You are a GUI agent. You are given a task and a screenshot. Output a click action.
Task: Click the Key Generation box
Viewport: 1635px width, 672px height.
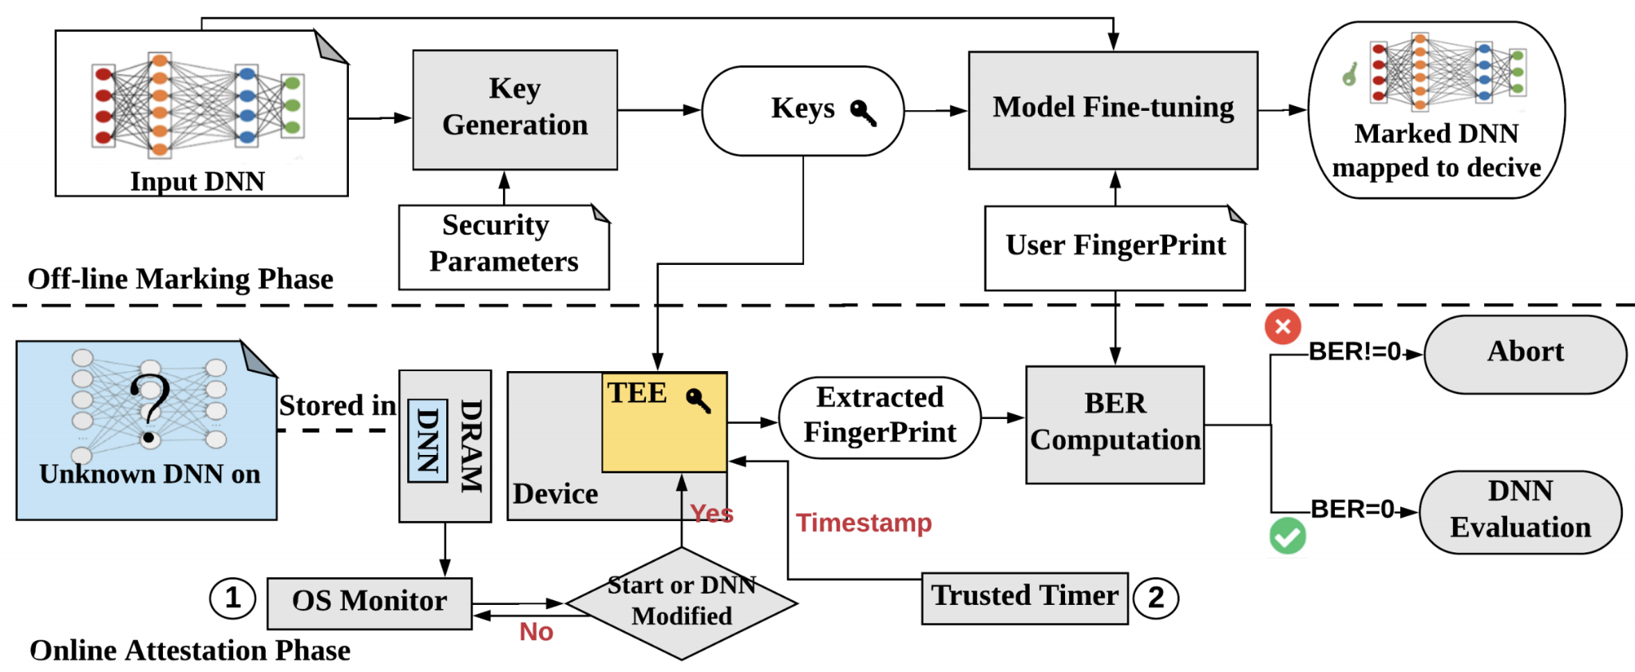pyautogui.click(x=515, y=109)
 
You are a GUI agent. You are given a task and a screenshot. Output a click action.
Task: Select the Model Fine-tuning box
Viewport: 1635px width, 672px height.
pyautogui.click(x=1113, y=109)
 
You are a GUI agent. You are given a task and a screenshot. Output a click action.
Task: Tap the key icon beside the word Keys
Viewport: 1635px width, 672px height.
pyautogui.click(x=863, y=113)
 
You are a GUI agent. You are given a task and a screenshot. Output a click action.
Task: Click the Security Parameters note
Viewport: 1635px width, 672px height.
pyautogui.click(x=504, y=246)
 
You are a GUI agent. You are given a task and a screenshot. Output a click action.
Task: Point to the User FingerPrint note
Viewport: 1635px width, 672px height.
pyautogui.click(x=1114, y=247)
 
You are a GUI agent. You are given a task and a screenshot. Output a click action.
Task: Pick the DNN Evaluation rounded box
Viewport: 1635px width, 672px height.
pyautogui.click(x=1520, y=511)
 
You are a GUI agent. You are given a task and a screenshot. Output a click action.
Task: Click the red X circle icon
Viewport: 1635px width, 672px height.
pyautogui.click(x=1283, y=326)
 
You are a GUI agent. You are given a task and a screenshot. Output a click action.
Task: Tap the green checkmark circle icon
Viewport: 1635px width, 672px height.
pyautogui.click(x=1288, y=536)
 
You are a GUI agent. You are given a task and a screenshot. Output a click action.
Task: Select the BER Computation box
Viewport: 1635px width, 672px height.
pyautogui.click(x=1114, y=424)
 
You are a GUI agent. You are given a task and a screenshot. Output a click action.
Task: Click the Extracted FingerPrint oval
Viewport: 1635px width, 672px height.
pyautogui.click(x=880, y=417)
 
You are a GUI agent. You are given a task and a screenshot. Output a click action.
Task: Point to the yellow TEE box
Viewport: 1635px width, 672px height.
pyautogui.click(x=664, y=423)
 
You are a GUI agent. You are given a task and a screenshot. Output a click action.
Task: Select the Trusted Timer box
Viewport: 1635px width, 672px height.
pyautogui.click(x=1024, y=597)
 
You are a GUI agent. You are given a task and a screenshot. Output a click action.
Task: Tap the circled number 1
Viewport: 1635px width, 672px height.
pyautogui.click(x=232, y=597)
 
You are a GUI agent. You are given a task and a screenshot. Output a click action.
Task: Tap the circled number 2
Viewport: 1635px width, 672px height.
pyautogui.click(x=1156, y=597)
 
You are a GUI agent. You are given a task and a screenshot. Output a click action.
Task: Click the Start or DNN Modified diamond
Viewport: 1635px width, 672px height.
pyautogui.click(x=682, y=603)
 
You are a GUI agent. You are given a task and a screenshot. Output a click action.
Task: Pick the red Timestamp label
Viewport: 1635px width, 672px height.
pyautogui.click(x=864, y=523)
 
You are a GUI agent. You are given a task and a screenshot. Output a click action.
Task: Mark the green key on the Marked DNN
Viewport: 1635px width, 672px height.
pyautogui.click(x=1349, y=75)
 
